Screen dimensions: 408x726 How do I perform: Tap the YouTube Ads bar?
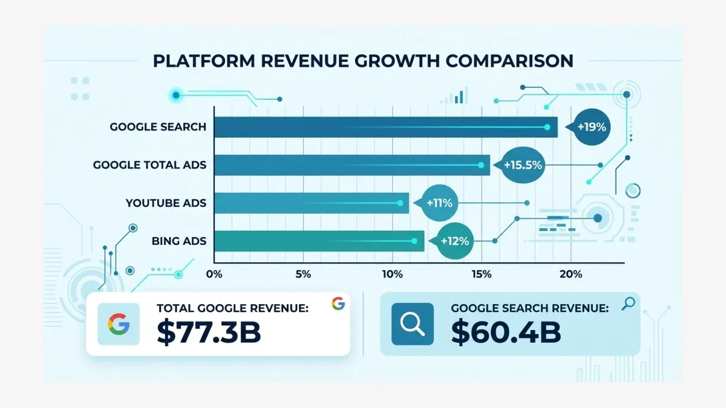[312, 203]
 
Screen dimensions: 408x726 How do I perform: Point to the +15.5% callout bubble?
[521, 165]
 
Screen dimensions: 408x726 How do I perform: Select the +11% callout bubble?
[440, 203]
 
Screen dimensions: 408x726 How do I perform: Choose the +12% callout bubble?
[455, 241]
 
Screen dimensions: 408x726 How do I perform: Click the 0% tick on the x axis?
[214, 274]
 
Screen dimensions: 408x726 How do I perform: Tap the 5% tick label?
[303, 274]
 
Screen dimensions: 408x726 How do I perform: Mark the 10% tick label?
[392, 274]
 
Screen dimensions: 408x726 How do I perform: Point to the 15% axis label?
[481, 274]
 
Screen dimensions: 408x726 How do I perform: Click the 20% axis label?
[571, 274]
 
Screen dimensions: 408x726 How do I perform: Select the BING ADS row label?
[179, 241]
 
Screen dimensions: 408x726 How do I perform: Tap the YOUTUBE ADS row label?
[166, 203]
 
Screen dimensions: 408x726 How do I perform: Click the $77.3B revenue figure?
[209, 332]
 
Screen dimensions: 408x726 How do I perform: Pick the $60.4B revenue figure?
[506, 332]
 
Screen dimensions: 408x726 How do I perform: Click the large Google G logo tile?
[119, 325]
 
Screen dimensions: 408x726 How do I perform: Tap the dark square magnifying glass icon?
[412, 325]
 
